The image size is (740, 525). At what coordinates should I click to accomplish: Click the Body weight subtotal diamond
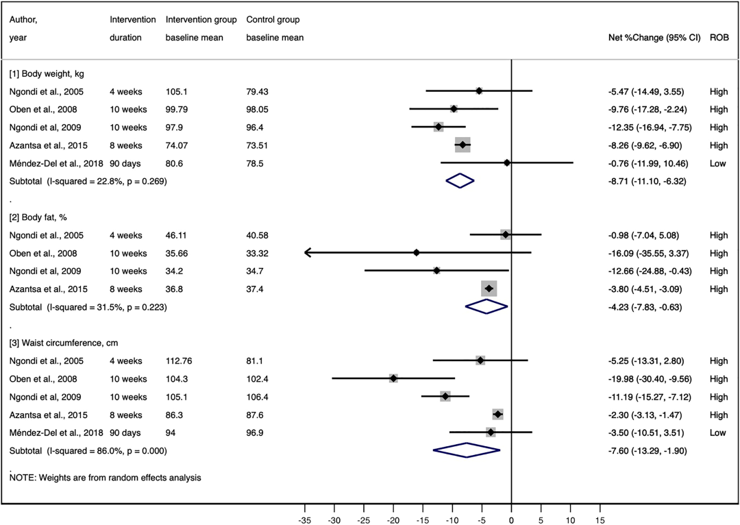(460, 181)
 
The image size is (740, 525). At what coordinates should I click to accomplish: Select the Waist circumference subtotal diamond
(467, 450)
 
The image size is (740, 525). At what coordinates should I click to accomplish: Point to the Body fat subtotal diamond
(486, 306)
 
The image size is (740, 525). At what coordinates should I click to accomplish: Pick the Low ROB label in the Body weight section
(717, 163)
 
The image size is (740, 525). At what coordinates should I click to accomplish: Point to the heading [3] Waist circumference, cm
(60, 343)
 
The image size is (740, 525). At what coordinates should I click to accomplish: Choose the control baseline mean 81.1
(255, 361)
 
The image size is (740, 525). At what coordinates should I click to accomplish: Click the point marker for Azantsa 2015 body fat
(489, 289)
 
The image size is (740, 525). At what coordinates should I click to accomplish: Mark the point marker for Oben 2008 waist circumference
(393, 378)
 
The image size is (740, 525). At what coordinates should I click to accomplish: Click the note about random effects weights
(105, 478)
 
